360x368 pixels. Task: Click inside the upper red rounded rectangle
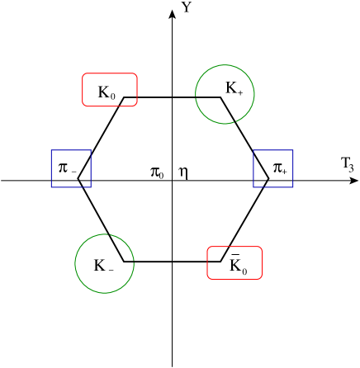110,90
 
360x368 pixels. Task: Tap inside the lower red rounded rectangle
234,262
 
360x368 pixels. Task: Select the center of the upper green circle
225,94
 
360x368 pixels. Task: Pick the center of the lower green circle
104,263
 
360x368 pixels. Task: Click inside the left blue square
71,168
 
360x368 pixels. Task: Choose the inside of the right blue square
273,168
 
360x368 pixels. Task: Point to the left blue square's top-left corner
51,150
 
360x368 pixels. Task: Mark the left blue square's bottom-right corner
91,187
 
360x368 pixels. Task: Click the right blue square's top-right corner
293,150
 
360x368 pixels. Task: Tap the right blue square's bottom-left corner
253,187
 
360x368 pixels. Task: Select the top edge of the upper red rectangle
110,73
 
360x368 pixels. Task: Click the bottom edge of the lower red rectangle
234,279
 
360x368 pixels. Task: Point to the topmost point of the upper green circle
225,64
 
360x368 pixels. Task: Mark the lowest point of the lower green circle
104,293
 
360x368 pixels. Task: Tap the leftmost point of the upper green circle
195,94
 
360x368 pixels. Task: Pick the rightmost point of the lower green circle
134,263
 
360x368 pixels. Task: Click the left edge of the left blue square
51,168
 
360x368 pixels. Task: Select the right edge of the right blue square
293,168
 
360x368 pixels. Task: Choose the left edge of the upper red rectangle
83,90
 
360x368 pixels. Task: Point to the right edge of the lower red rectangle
262,262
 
